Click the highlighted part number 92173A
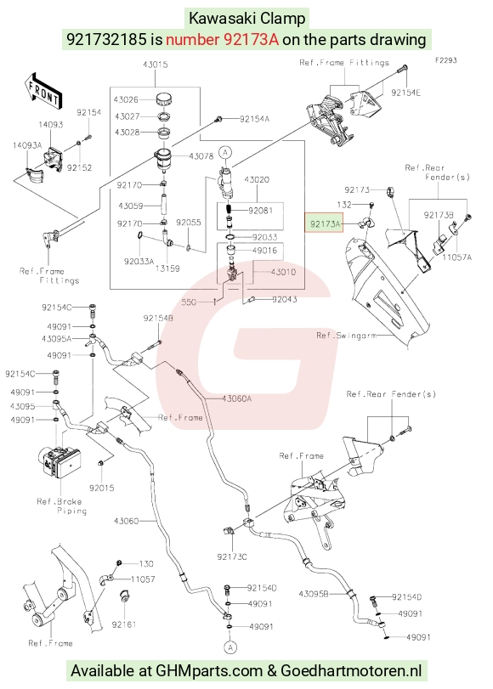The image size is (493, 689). tap(325, 224)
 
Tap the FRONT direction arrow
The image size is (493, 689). tap(43, 91)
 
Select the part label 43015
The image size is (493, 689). tap(155, 65)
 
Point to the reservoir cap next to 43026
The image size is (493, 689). tap(164, 99)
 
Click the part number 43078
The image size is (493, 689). tap(201, 156)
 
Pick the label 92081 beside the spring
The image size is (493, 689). tap(260, 211)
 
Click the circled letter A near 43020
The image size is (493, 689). tap(225, 152)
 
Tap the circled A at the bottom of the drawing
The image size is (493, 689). tap(230, 647)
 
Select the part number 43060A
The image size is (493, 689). tap(236, 398)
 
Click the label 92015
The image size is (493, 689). tap(102, 488)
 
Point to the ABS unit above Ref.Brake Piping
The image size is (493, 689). tap(57, 462)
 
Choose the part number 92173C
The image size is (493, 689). tap(232, 556)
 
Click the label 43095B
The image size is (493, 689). tap(314, 594)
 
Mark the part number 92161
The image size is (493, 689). tap(124, 624)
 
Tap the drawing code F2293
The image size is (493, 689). tap(446, 60)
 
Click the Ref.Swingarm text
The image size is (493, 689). tap(346, 336)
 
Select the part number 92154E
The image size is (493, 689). tap(405, 93)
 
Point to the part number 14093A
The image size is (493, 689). tap(27, 145)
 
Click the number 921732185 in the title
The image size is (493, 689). tap(106, 40)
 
